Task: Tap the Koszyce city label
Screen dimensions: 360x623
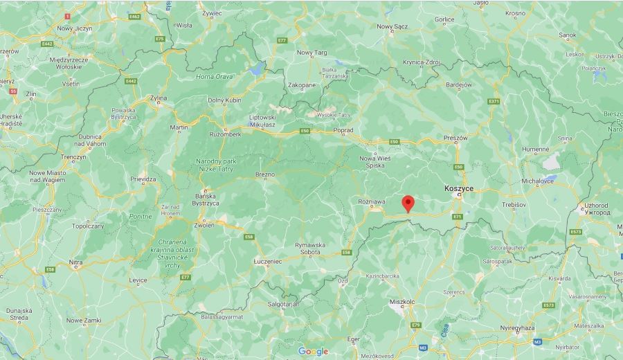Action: point(458,188)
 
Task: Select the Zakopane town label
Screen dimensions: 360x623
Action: point(302,85)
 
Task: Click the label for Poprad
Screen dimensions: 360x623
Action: point(343,129)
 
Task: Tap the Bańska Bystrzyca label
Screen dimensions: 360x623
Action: point(206,199)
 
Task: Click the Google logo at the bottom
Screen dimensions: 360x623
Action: point(313,351)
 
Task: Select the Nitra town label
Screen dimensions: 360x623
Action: point(75,262)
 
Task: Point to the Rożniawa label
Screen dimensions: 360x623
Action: point(372,201)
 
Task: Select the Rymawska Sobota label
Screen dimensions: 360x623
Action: point(308,248)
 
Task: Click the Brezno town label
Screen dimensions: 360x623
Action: point(265,174)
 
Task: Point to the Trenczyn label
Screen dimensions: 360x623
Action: point(73,157)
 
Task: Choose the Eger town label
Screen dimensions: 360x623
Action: point(353,339)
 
